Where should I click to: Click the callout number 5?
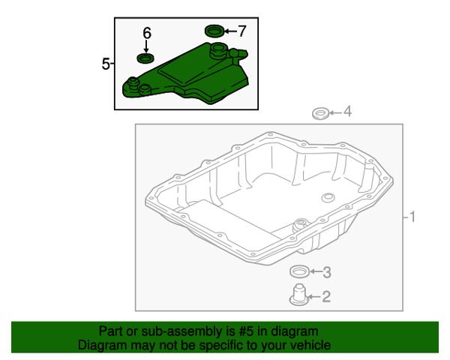[106, 64]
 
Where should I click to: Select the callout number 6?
[147, 33]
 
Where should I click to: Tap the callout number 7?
[242, 31]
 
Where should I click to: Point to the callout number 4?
[347, 112]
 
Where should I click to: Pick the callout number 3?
[327, 271]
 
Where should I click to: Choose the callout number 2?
[326, 296]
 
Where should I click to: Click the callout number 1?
[412, 217]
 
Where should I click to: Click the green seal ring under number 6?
[145, 58]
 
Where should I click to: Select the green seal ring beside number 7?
[214, 31]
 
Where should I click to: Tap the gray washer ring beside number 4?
[320, 113]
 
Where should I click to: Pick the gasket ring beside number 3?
[299, 271]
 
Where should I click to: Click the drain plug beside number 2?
[299, 295]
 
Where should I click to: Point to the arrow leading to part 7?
[230, 31]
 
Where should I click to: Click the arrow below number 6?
[146, 46]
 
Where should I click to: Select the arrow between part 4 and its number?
[335, 112]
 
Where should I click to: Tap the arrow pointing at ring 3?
[316, 271]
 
